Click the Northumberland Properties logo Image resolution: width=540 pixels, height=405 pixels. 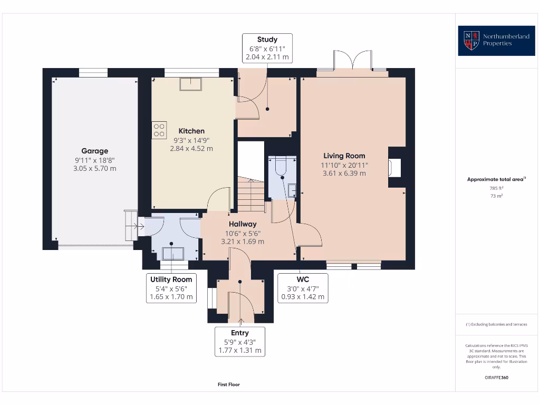coord(492,40)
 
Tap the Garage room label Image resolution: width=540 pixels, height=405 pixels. coord(94,151)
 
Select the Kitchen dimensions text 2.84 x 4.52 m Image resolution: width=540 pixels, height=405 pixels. coord(191,149)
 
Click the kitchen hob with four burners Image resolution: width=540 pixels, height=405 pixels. coord(159,130)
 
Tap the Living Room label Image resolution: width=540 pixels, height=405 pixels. coord(344,156)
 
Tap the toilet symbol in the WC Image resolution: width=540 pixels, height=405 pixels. coord(279,167)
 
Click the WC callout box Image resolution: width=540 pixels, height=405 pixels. coord(303,288)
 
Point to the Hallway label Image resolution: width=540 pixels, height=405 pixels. coord(243,224)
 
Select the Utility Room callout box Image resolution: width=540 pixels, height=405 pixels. coord(171,288)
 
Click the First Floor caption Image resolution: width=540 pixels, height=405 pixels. coord(229,384)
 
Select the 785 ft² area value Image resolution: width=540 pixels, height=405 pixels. coord(496,188)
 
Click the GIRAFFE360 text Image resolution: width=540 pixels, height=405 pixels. coord(496,378)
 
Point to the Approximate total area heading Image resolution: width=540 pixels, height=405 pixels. coord(496,179)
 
